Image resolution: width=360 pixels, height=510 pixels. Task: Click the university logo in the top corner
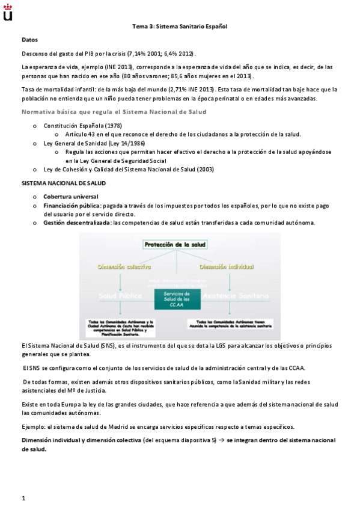coord(8,11)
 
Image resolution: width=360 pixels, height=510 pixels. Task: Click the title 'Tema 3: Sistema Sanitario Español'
coord(180,26)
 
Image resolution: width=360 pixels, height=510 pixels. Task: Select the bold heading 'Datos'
coord(29,40)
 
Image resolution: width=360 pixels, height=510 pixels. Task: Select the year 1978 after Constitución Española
coord(114,126)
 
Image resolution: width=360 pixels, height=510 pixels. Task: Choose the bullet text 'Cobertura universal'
coord(71,197)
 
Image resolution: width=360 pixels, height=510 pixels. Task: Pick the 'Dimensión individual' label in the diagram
coord(227,266)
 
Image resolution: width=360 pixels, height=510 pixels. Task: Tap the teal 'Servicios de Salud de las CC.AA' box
coord(177,299)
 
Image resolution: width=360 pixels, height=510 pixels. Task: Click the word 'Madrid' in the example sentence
coord(111,426)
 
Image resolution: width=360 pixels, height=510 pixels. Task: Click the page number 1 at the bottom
coord(23,498)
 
